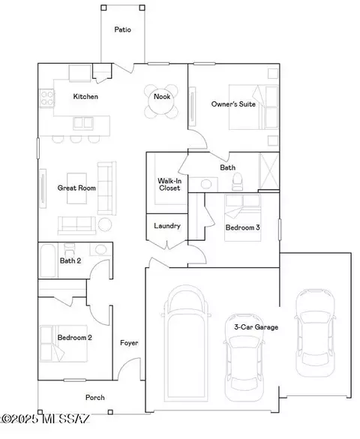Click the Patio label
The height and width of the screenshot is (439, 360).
(x=122, y=29)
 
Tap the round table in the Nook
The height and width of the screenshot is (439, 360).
(x=162, y=101)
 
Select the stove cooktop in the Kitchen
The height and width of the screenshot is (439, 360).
(x=46, y=98)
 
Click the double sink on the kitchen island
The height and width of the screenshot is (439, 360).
(x=83, y=123)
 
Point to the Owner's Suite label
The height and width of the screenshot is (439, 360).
(x=233, y=104)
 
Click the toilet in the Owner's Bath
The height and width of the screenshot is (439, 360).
(x=238, y=182)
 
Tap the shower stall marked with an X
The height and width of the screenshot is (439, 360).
(x=269, y=171)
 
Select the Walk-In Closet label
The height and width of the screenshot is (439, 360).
(x=169, y=185)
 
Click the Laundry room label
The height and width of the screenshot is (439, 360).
(x=167, y=226)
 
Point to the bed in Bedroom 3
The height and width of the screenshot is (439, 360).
(x=243, y=218)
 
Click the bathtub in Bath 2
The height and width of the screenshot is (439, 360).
(x=48, y=260)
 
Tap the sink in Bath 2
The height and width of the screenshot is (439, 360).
(x=100, y=249)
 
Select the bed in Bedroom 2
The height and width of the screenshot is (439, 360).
(x=64, y=344)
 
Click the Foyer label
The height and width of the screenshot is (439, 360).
(x=129, y=343)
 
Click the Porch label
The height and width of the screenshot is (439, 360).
(x=95, y=398)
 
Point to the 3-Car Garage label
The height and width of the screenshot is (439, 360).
(x=256, y=327)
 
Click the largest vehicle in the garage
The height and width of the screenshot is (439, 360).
(x=187, y=344)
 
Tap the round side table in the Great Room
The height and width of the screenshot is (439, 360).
(x=105, y=224)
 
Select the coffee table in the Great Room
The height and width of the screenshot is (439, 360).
(x=76, y=188)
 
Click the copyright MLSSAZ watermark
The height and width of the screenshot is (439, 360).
(x=45, y=419)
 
